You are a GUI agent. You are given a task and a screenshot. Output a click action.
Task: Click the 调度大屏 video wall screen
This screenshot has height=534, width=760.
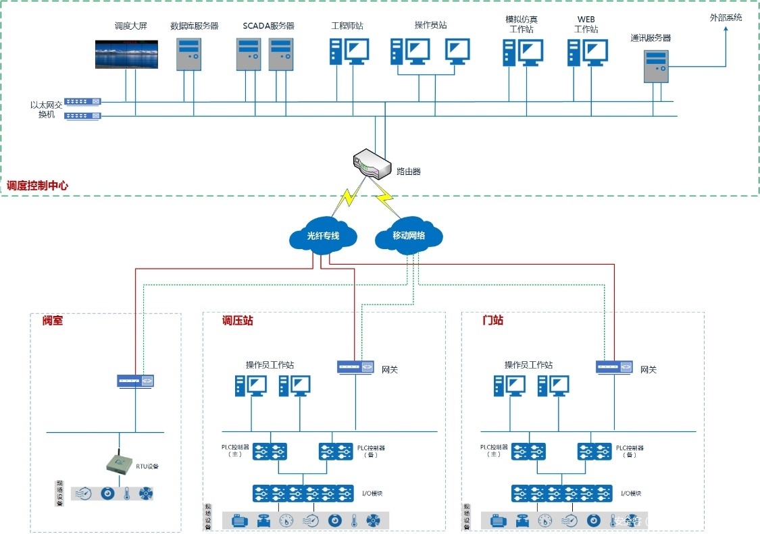pos(126,55)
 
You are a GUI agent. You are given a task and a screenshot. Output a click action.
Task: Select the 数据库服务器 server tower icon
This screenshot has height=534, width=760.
pos(189,54)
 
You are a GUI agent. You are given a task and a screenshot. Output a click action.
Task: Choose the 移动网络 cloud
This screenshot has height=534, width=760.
pos(408,236)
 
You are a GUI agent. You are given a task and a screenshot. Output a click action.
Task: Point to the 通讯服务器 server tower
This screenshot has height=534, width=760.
pos(656,66)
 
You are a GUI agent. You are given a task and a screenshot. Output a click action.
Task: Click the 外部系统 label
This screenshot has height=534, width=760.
pos(726,18)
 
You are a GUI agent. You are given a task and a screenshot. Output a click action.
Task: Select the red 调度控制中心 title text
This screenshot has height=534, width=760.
pos(37,185)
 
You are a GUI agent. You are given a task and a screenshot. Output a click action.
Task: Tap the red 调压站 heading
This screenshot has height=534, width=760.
pos(238,321)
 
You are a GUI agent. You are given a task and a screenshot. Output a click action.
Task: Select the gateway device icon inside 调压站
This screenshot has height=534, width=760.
pos(356,367)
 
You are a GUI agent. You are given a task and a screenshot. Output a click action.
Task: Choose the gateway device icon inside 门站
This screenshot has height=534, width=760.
pos(614,367)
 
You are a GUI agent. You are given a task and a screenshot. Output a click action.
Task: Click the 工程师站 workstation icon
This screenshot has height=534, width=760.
pos(349,51)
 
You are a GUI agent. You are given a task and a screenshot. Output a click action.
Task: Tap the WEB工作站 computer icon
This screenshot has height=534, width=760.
pos(586,52)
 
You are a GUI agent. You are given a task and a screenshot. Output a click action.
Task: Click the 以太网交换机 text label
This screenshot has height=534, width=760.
pos(46,109)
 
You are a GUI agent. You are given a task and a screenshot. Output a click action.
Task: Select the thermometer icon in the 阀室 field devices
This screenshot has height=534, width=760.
pos(126,493)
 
